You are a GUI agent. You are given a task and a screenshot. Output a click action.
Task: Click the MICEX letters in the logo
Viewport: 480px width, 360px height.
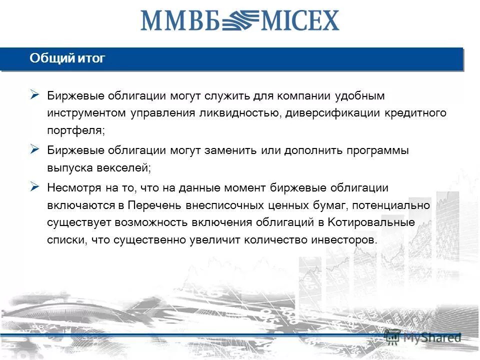coord(298,21)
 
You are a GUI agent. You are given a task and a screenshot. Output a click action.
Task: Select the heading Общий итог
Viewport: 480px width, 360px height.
coord(67,58)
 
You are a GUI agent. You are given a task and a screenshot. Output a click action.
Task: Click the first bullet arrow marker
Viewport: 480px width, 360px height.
coord(34,94)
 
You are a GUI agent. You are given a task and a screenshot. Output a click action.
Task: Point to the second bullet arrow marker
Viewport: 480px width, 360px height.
coord(34,149)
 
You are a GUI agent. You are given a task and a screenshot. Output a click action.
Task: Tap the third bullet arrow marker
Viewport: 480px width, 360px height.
coord(34,186)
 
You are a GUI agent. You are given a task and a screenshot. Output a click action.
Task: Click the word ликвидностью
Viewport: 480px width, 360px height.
coord(240,113)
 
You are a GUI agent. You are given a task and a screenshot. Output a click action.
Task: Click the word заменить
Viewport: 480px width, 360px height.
coord(230,150)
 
